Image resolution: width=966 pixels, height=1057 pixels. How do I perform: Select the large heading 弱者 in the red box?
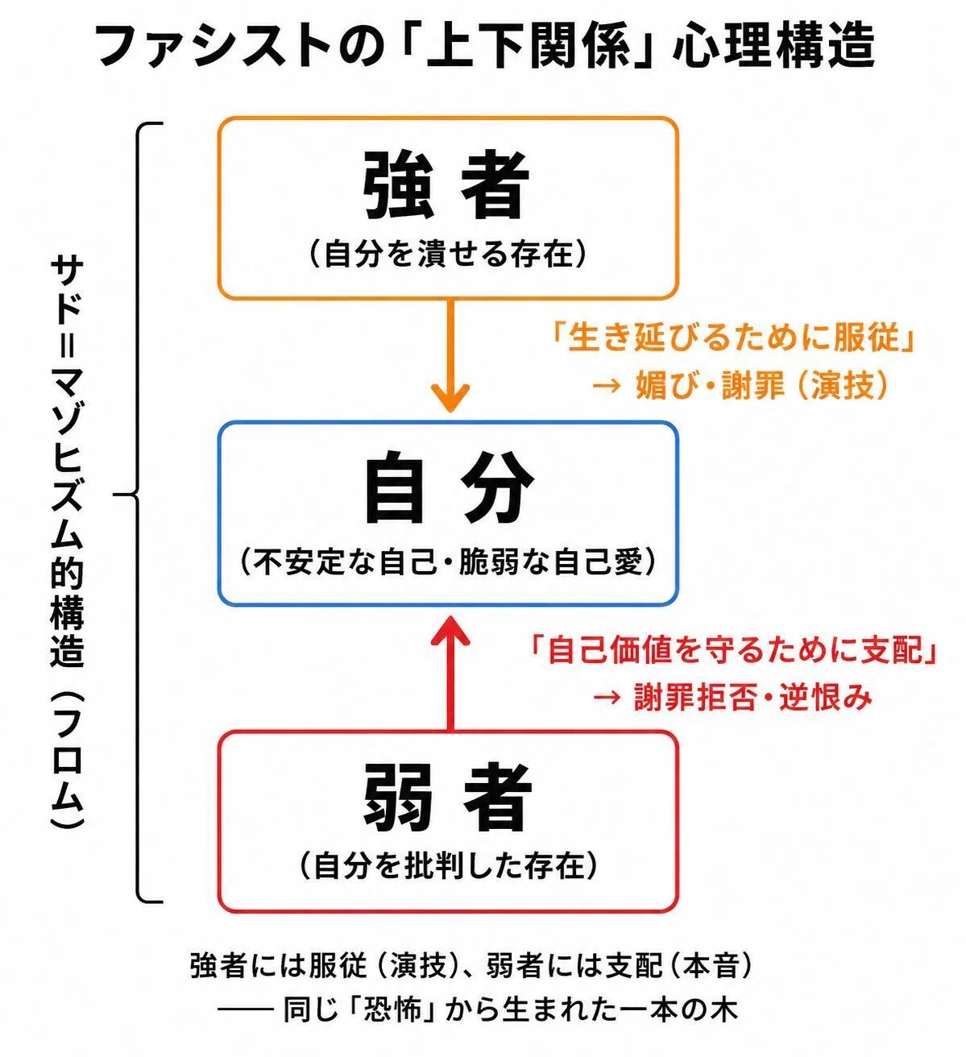[x=447, y=798]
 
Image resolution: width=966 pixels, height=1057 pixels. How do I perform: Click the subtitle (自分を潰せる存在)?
[x=448, y=254]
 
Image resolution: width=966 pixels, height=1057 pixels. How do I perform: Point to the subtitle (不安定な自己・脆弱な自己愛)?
[x=448, y=562]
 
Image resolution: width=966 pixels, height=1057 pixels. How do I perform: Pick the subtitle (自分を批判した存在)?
[x=448, y=866]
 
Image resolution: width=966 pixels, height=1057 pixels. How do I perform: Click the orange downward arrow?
[x=450, y=355]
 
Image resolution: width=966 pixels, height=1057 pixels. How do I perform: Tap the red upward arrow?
[x=450, y=674]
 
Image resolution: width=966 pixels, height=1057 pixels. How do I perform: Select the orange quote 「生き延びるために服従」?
[x=732, y=337]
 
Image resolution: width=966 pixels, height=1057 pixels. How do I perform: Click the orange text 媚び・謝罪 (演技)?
[x=741, y=385]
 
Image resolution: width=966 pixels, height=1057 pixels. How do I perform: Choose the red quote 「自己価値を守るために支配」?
[x=732, y=651]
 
